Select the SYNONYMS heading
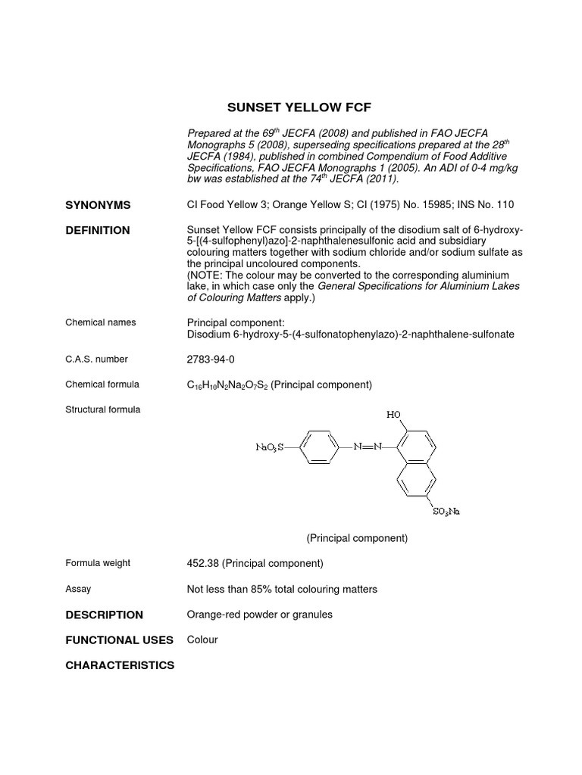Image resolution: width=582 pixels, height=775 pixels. tap(98, 205)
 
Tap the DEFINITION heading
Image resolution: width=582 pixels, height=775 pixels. tap(98, 230)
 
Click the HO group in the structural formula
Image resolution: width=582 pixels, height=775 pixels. tap(394, 414)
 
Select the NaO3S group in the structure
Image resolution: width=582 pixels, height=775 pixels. tap(269, 447)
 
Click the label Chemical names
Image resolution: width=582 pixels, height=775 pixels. tap(101, 322)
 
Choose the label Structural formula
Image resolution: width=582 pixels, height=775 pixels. tap(103, 409)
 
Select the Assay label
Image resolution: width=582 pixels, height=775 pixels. tap(78, 588)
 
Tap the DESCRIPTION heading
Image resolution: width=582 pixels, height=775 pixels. tap(104, 615)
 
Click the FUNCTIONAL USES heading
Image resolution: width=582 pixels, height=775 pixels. tap(120, 640)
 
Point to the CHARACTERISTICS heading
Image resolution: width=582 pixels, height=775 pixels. tap(120, 665)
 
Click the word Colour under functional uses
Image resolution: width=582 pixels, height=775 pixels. tap(202, 640)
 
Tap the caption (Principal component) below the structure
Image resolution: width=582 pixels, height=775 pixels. tap(357, 538)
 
